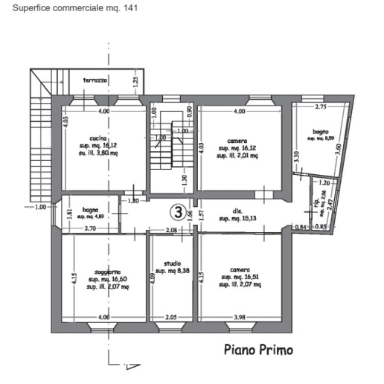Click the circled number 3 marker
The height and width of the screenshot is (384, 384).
(x=179, y=212)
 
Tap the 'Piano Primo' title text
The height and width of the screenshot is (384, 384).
(x=258, y=350)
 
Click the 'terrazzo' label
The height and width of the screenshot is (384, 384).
(x=96, y=80)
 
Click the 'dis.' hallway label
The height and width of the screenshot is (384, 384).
(x=223, y=210)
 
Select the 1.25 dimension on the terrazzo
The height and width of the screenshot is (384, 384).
(x=135, y=80)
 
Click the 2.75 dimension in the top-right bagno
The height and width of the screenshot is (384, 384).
(x=321, y=107)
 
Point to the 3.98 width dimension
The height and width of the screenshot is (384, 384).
(x=239, y=319)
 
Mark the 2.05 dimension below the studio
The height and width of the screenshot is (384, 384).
(x=171, y=319)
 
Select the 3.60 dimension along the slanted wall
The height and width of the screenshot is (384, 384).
(x=339, y=149)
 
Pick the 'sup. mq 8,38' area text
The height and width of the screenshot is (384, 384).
(x=173, y=272)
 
